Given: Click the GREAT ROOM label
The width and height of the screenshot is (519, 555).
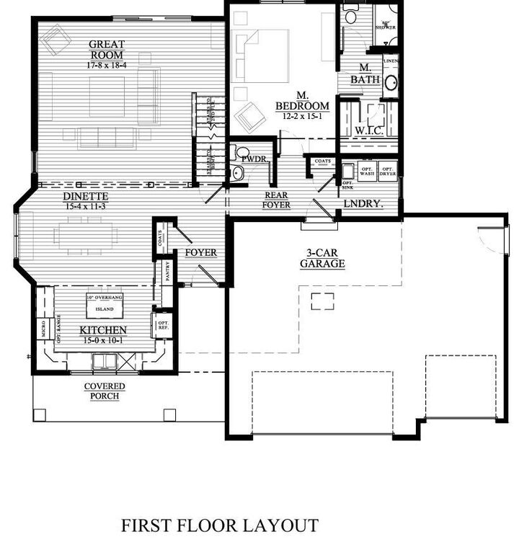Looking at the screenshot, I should tap(106, 50).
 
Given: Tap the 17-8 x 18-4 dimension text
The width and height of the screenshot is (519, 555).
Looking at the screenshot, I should tap(106, 65).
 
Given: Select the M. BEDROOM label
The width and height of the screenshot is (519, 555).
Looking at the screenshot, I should tap(302, 101).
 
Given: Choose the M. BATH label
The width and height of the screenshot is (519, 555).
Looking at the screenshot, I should tap(365, 74).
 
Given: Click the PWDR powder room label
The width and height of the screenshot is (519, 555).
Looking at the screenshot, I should tap(254, 158).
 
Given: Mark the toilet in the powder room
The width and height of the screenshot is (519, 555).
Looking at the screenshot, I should tap(237, 154).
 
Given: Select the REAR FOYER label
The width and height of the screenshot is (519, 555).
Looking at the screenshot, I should tap(276, 200).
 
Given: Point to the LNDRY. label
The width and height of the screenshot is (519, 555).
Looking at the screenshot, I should tap(363, 204).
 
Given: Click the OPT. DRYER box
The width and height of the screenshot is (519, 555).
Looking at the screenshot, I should tap(387, 172).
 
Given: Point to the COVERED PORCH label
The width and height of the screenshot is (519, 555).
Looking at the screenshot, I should tap(105, 391).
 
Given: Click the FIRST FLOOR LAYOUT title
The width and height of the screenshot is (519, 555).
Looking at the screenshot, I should tap(219, 525).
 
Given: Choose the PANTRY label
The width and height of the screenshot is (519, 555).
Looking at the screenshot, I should tap(167, 272).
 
